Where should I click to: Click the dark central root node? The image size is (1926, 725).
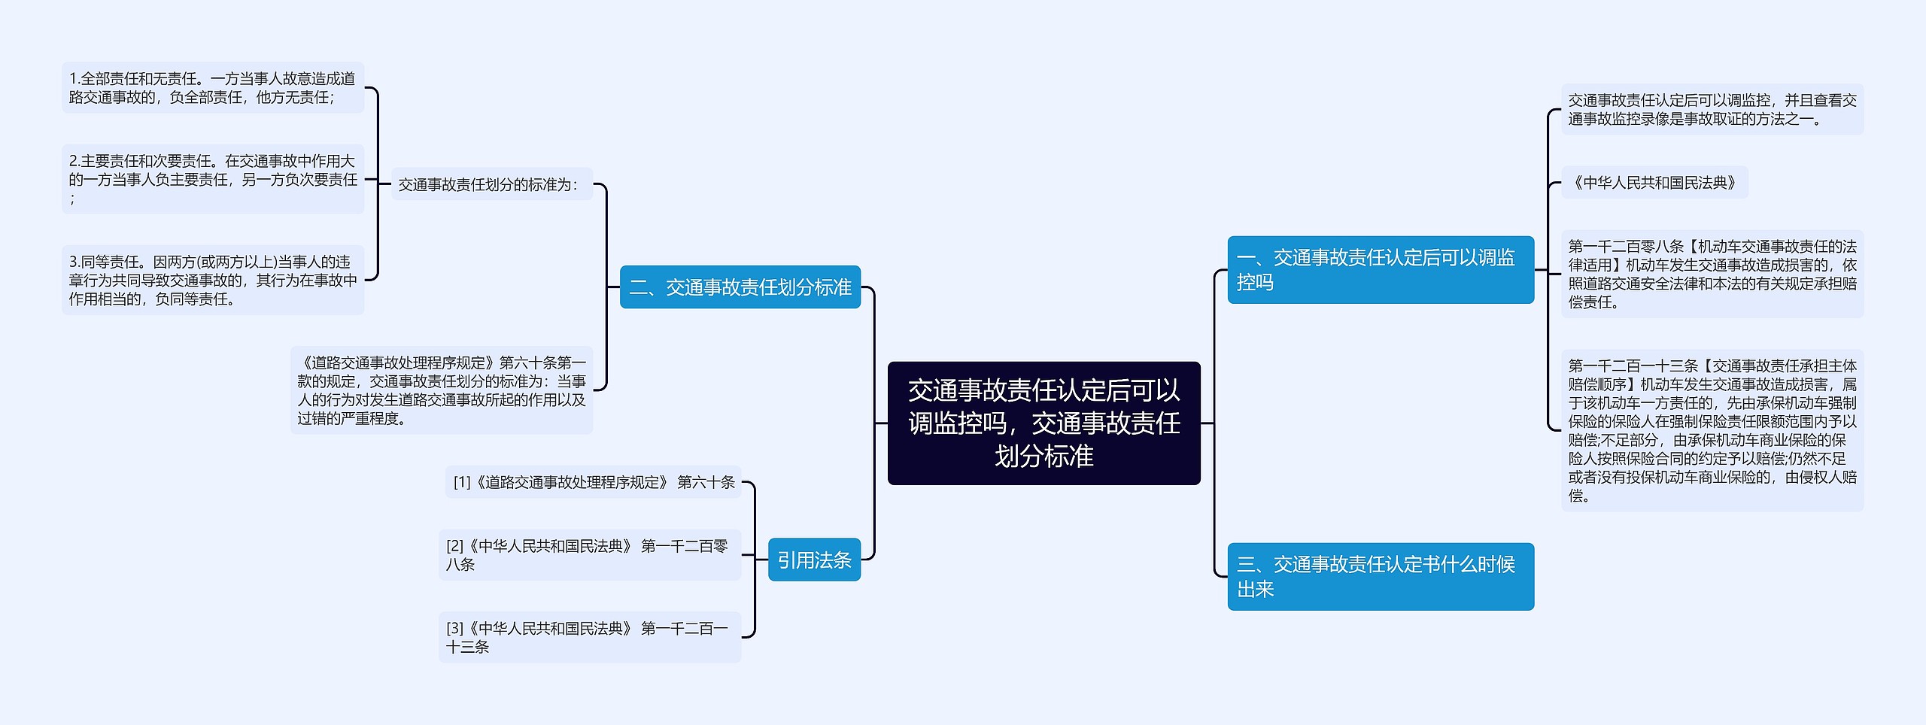(x=1044, y=423)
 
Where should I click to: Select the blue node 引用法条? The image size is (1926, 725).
(x=814, y=560)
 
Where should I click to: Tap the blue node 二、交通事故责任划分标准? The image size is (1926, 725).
(x=740, y=287)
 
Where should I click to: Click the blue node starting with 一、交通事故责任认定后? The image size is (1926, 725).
(x=1380, y=270)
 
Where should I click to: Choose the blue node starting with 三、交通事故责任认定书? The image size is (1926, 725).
(x=1380, y=576)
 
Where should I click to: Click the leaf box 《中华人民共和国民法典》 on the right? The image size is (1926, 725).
(x=1654, y=183)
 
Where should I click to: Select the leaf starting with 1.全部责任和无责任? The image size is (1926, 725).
(x=212, y=88)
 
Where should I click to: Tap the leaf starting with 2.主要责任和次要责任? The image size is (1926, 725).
(x=212, y=179)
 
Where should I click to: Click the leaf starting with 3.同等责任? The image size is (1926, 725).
(x=212, y=280)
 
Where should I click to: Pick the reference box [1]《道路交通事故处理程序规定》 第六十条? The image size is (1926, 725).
(x=593, y=482)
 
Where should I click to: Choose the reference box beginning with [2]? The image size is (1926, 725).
(x=589, y=555)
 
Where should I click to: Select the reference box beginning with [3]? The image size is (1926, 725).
(x=589, y=637)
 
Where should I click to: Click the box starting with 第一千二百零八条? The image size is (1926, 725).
(x=1712, y=274)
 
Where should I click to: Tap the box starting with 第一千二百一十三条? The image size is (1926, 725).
(x=1712, y=430)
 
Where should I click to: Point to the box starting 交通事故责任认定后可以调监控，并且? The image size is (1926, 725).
(x=1712, y=109)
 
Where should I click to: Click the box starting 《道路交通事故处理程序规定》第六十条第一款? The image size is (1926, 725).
(x=442, y=390)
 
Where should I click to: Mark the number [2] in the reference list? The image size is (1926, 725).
(x=454, y=546)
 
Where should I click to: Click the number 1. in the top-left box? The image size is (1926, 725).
(x=74, y=79)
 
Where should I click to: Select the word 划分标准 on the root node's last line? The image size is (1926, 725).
(x=1044, y=457)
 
